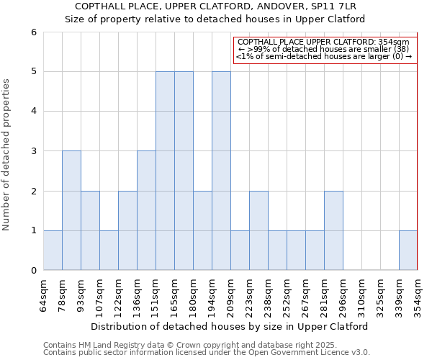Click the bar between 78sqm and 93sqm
[71, 210]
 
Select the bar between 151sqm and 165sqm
[165, 171]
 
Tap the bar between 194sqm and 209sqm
[221, 171]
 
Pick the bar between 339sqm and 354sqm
[408, 251]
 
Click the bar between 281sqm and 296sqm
[333, 230]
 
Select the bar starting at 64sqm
[53, 251]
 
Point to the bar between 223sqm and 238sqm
[258, 230]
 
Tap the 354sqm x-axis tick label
[418, 295]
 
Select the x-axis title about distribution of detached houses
[230, 326]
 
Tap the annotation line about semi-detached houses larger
[324, 56]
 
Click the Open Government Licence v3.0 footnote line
[207, 353]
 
